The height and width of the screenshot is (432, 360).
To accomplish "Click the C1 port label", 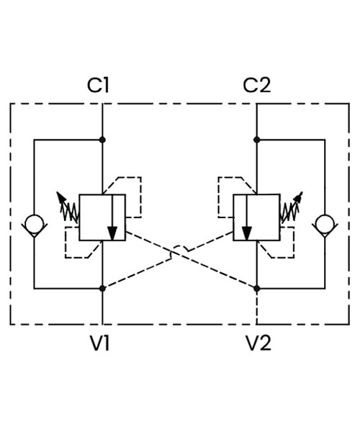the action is tap(98, 85).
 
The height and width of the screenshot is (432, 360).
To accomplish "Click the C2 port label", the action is tap(257, 85).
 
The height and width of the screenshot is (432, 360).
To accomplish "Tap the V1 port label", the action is tap(99, 343).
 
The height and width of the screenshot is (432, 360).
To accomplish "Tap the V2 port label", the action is tap(258, 343).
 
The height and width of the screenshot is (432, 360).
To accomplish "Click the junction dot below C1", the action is tap(102, 140).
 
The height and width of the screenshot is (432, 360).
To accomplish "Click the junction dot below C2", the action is tap(257, 140).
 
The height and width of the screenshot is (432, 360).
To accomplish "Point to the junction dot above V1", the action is tap(102, 289).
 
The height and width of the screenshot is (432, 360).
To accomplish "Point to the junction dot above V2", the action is tap(257, 289).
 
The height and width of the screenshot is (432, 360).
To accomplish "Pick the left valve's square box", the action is tap(79, 217).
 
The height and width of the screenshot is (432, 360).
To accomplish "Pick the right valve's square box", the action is tap(233, 217).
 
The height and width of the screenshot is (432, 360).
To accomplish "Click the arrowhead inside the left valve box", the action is tap(112, 233).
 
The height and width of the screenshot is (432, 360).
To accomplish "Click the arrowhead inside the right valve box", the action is tap(246, 233).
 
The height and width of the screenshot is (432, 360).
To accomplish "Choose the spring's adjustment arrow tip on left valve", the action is tap(58, 192).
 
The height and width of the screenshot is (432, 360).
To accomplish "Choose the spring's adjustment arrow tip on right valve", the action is tap(302, 192).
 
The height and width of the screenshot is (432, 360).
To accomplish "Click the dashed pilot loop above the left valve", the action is tap(141, 197).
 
